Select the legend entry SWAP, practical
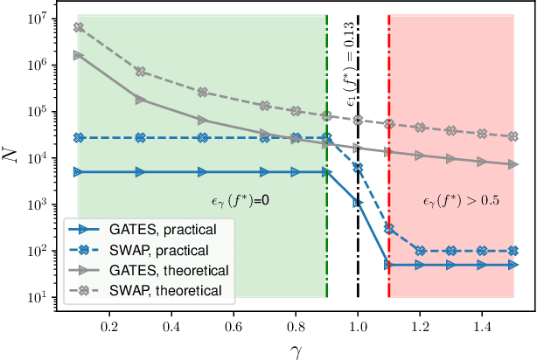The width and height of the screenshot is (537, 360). [x=152, y=250]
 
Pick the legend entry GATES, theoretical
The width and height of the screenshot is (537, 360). [x=158, y=270]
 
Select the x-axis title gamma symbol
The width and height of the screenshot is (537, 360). [x=296, y=349]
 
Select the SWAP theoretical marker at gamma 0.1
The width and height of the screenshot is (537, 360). [x=79, y=27]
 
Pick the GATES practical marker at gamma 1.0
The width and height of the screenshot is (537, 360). [x=358, y=203]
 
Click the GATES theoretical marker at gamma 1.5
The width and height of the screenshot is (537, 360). [x=513, y=164]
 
